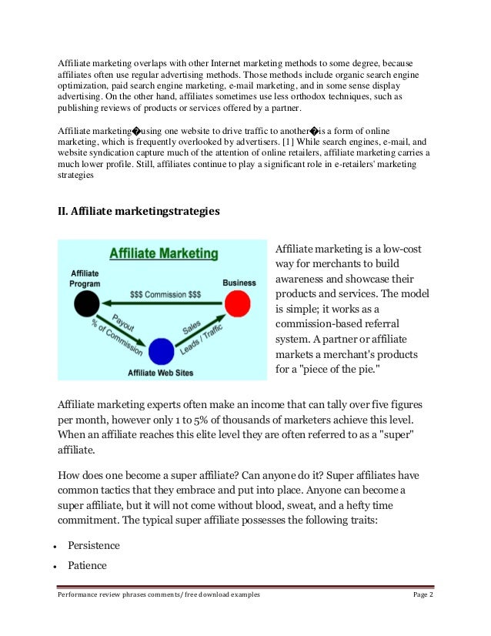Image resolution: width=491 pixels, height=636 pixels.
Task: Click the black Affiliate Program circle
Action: pyautogui.click(x=86, y=303)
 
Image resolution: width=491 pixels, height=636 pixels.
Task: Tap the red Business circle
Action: pyautogui.click(x=238, y=303)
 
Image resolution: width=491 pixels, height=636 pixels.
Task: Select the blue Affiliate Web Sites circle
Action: pyautogui.click(x=162, y=351)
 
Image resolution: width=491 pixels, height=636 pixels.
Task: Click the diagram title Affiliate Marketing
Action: pyautogui.click(x=163, y=253)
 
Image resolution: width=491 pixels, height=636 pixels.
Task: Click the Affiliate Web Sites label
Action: pyautogui.click(x=160, y=373)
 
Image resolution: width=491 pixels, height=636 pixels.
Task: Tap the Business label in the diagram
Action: pyautogui.click(x=239, y=283)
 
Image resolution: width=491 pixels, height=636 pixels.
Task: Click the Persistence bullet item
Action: pyautogui.click(x=94, y=545)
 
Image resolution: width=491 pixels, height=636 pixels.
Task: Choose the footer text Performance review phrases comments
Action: pyautogui.click(x=116, y=596)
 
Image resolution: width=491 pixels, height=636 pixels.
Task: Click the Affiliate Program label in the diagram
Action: pyautogui.click(x=85, y=278)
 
